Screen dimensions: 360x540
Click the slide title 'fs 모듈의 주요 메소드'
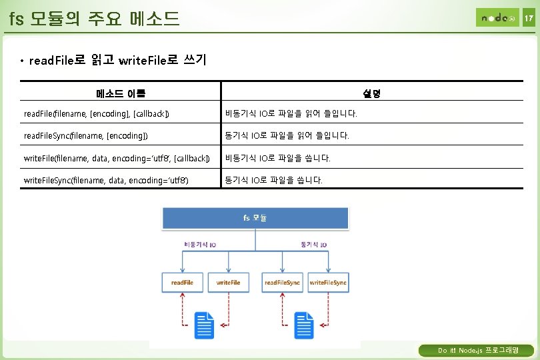(x=95, y=18)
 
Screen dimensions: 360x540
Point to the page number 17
(x=528, y=18)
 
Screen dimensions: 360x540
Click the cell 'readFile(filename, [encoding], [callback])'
(x=97, y=114)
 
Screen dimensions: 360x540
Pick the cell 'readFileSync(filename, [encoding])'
(x=86, y=136)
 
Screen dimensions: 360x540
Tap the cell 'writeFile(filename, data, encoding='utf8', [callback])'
(x=117, y=158)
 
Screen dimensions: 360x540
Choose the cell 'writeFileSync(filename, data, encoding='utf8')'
(x=106, y=180)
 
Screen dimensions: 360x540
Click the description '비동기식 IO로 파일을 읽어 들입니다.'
(x=291, y=114)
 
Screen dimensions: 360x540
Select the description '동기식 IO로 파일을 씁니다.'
(x=274, y=180)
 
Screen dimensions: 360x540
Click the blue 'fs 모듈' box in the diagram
(x=255, y=218)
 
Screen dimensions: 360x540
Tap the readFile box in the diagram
(x=182, y=283)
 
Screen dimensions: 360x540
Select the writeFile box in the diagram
(x=228, y=283)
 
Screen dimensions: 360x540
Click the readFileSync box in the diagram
(x=283, y=283)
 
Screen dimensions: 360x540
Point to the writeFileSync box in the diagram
(x=328, y=283)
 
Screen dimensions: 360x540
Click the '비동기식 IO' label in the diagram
(x=199, y=245)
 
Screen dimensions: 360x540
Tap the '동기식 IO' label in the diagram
(x=313, y=245)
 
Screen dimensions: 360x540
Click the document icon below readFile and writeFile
(x=203, y=325)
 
